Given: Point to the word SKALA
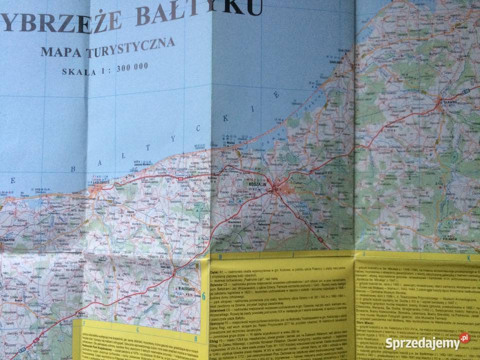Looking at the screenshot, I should [x=79, y=71].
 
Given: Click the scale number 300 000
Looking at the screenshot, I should [x=132, y=67].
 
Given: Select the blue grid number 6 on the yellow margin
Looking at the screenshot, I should [x=203, y=296].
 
